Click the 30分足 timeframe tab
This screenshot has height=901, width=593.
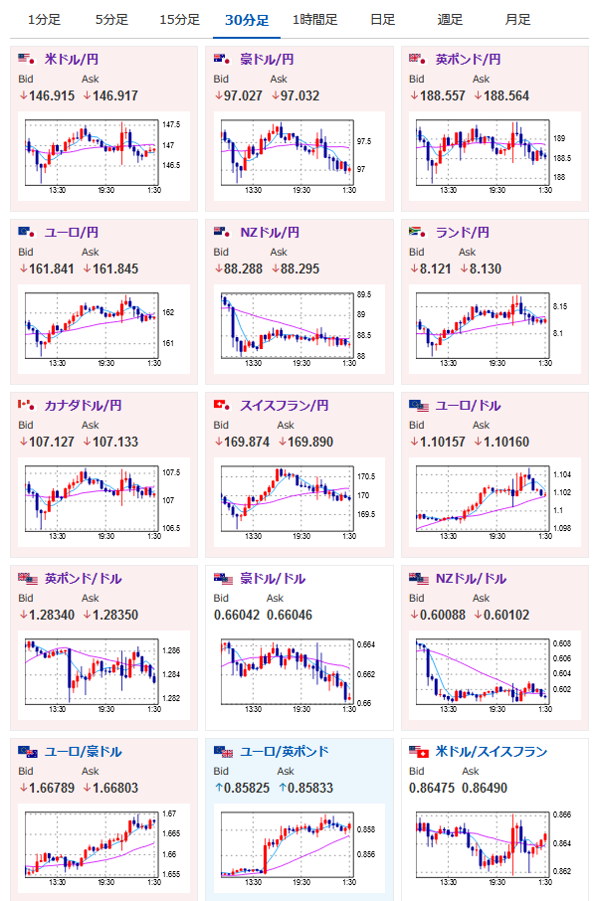click(x=247, y=20)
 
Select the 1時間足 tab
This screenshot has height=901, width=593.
click(x=314, y=20)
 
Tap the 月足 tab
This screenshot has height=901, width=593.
click(x=517, y=20)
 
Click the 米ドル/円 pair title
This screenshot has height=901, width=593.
click(x=72, y=60)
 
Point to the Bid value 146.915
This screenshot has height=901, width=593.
click(x=52, y=95)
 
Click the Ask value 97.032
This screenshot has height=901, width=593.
click(x=299, y=95)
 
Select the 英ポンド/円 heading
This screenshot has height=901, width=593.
click(x=468, y=60)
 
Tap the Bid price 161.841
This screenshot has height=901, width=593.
click(x=52, y=269)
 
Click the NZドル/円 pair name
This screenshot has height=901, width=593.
click(x=270, y=232)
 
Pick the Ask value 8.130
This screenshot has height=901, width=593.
click(x=485, y=269)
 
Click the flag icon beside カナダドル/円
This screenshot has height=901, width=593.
click(x=26, y=405)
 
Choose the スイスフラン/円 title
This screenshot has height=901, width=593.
click(x=285, y=405)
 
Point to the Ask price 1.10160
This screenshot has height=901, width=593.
click(x=506, y=442)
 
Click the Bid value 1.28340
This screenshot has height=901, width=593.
click(x=52, y=615)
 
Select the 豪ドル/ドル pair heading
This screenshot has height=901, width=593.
click(x=273, y=578)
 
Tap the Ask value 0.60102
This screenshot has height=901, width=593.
click(x=506, y=615)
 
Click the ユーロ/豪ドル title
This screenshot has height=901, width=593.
click(x=84, y=752)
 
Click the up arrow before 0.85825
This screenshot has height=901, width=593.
click(x=219, y=788)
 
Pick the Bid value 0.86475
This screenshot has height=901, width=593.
click(x=432, y=788)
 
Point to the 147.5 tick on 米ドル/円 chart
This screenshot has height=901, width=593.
click(x=171, y=124)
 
